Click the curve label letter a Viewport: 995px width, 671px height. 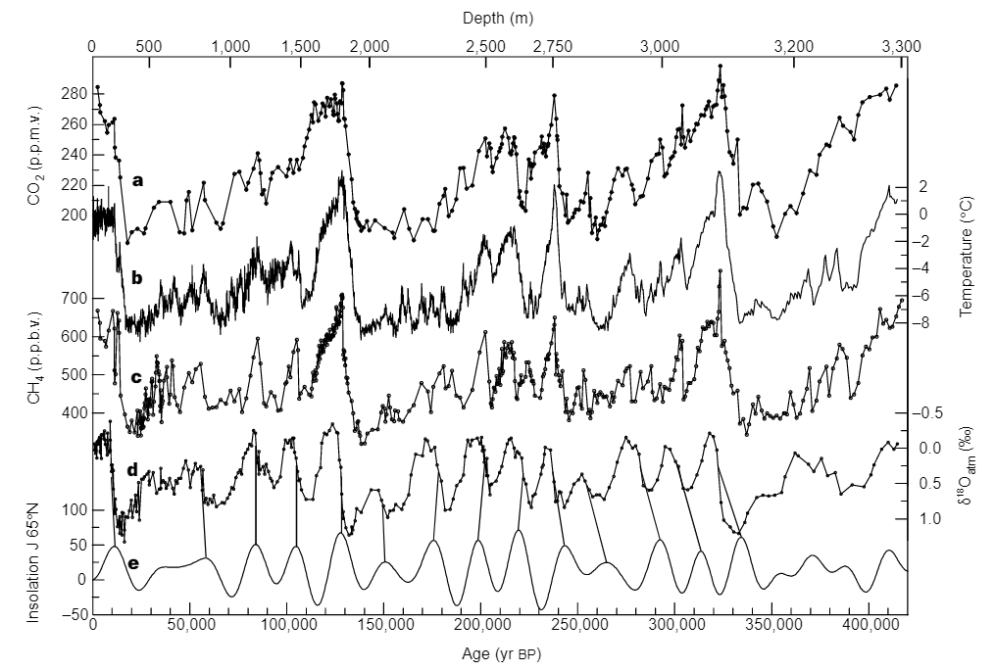point(138,180)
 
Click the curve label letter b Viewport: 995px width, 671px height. point(137,278)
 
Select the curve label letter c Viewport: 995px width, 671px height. point(136,376)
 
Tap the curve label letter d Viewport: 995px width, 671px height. point(132,470)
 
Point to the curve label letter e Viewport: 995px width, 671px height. point(133,564)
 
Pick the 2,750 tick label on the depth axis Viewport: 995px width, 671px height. point(553,46)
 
